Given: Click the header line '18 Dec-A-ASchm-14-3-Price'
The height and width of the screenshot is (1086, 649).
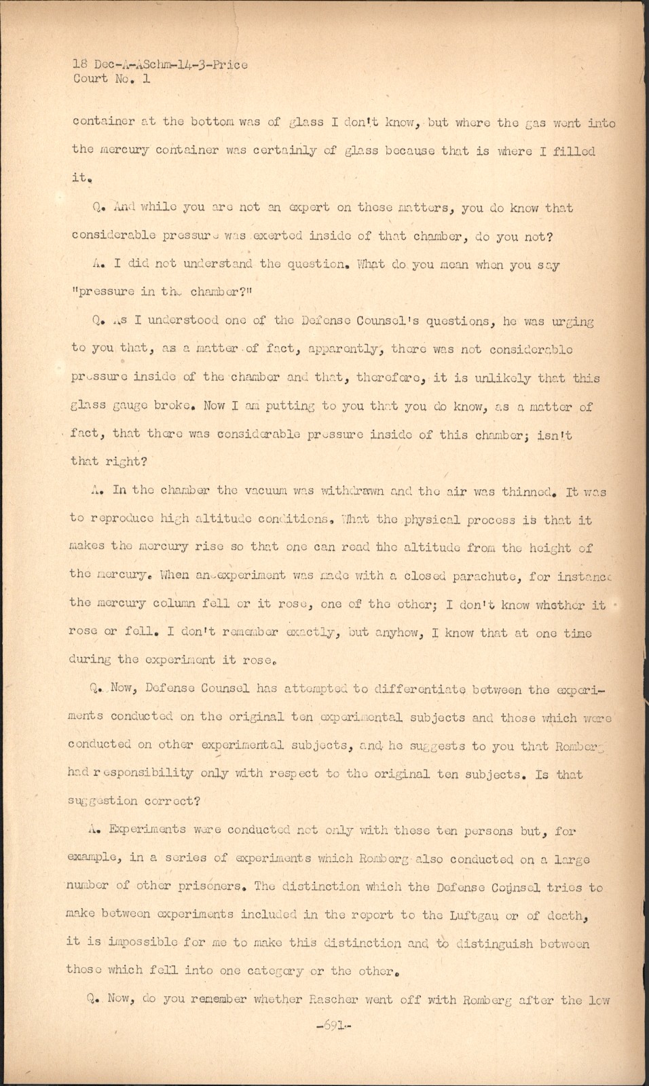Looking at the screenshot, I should click(x=160, y=65).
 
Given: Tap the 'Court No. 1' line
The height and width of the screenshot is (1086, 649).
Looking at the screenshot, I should click(x=111, y=79).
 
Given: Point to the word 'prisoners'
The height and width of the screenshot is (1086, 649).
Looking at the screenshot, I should click(x=217, y=887).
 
